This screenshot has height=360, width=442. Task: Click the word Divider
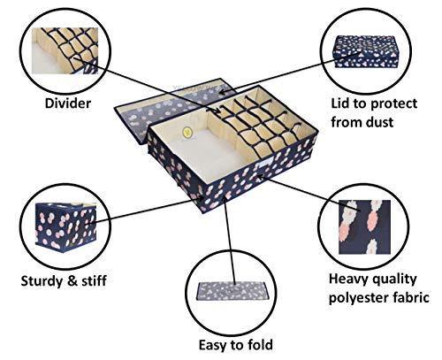coord(68,103)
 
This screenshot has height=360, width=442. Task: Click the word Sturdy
coord(42,281)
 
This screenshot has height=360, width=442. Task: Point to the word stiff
coord(94,280)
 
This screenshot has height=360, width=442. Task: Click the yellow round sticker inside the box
coord(187,132)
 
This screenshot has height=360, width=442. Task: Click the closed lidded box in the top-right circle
coord(365,51)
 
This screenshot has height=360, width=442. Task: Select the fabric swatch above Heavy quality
coord(364,227)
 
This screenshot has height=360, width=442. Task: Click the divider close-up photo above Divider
coord(65,50)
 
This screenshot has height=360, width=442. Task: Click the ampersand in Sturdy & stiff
coord(72,281)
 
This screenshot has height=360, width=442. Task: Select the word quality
coord(393,280)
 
